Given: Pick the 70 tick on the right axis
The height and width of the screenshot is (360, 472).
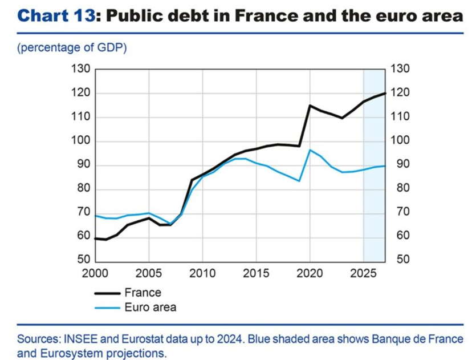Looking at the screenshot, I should click(397, 212).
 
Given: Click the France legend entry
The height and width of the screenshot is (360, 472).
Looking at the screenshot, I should click(143, 293).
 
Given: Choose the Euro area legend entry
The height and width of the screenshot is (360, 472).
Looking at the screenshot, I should click(150, 308).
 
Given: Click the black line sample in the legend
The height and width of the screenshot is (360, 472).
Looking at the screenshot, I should click(107, 293).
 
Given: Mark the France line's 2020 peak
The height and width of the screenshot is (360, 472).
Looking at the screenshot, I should click(310, 106).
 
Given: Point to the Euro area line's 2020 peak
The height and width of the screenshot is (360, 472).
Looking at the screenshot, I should click(310, 150).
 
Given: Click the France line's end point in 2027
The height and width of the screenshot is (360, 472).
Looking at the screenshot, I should click(386, 94).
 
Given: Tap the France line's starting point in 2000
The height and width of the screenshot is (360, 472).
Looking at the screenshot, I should click(95, 238).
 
